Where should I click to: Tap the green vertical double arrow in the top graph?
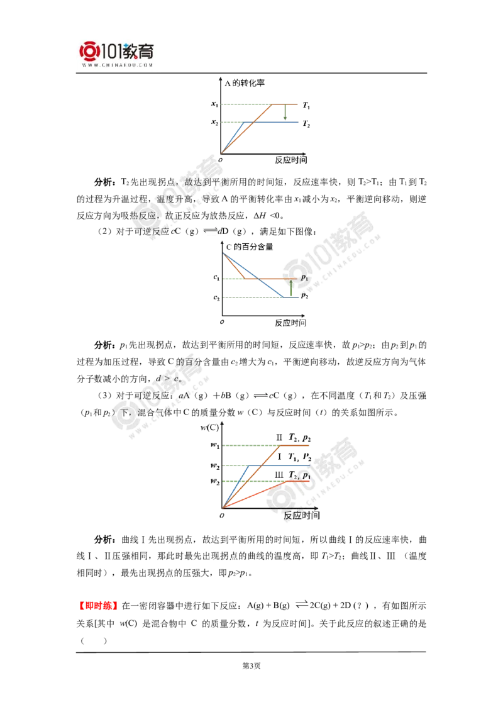click(287, 113)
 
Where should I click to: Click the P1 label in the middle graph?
click(304, 277)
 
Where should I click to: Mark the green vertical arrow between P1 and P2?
click(291, 287)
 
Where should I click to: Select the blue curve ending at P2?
click(267, 286)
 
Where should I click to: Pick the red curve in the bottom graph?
click(264, 490)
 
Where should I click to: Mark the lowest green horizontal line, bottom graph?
click(239, 481)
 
